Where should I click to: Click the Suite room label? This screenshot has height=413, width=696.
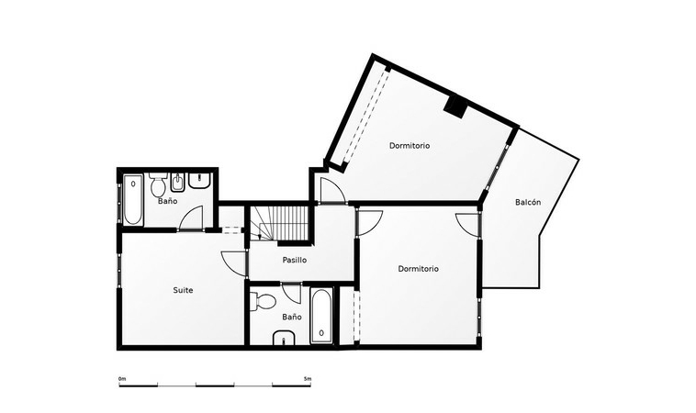pyautogui.click(x=183, y=290)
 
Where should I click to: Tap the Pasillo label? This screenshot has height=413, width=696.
pyautogui.click(x=295, y=260)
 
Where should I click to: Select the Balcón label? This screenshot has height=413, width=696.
pyautogui.click(x=528, y=202)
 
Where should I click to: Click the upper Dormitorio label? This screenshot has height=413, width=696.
pyautogui.click(x=410, y=146)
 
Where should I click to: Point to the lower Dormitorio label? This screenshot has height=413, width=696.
pyautogui.click(x=419, y=269)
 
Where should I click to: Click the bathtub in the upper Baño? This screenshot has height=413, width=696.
pyautogui.click(x=133, y=200)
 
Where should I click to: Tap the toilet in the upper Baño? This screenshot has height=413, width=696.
pyautogui.click(x=157, y=185)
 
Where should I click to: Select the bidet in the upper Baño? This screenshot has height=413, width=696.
pyautogui.click(x=177, y=184)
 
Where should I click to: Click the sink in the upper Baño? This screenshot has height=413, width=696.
pyautogui.click(x=200, y=181)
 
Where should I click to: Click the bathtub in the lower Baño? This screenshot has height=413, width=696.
pyautogui.click(x=321, y=316)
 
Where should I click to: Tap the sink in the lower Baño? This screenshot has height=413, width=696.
pyautogui.click(x=284, y=338)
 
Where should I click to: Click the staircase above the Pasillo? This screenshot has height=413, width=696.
pyautogui.click(x=279, y=223)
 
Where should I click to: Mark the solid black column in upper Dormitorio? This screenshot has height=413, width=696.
pyautogui.click(x=456, y=106)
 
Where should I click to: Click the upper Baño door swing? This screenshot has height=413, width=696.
pyautogui.click(x=191, y=218)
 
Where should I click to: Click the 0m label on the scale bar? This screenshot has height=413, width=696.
pyautogui.click(x=122, y=379)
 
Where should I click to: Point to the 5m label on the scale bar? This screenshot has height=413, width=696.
pyautogui.click(x=308, y=379)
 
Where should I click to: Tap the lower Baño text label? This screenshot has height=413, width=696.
pyautogui.click(x=292, y=318)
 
